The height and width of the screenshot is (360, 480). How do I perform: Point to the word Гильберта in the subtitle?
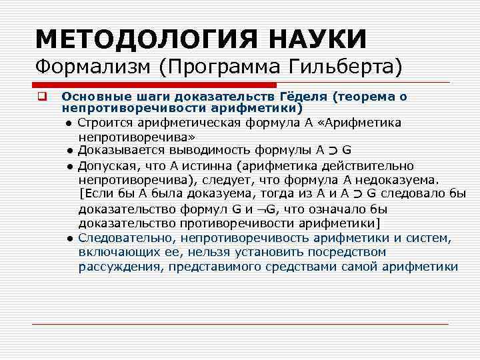coord(338,67)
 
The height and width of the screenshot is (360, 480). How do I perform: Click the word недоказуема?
coord(399,179)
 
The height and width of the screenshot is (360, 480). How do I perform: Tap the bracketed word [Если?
coord(94,194)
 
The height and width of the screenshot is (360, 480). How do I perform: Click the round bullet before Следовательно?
coord(69,238)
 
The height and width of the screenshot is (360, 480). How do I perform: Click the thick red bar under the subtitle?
coord(155,85)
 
